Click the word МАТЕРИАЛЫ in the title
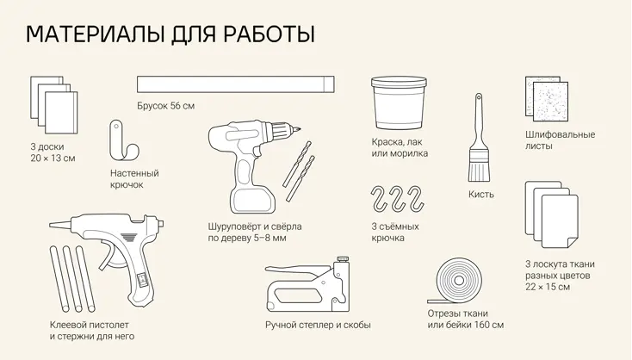(x=95, y=34)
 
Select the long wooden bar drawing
(x=236, y=84)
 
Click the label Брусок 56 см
(x=165, y=106)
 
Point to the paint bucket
(x=399, y=102)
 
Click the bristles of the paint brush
(x=479, y=171)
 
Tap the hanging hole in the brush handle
(x=479, y=97)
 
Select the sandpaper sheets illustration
(x=547, y=99)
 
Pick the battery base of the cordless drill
(x=252, y=200)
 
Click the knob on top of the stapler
(x=343, y=258)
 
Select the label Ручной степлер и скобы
(x=318, y=325)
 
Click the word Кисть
(x=480, y=195)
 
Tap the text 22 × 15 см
(x=548, y=287)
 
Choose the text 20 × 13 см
(x=53, y=158)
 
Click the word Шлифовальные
(x=560, y=134)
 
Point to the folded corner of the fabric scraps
(x=573, y=242)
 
